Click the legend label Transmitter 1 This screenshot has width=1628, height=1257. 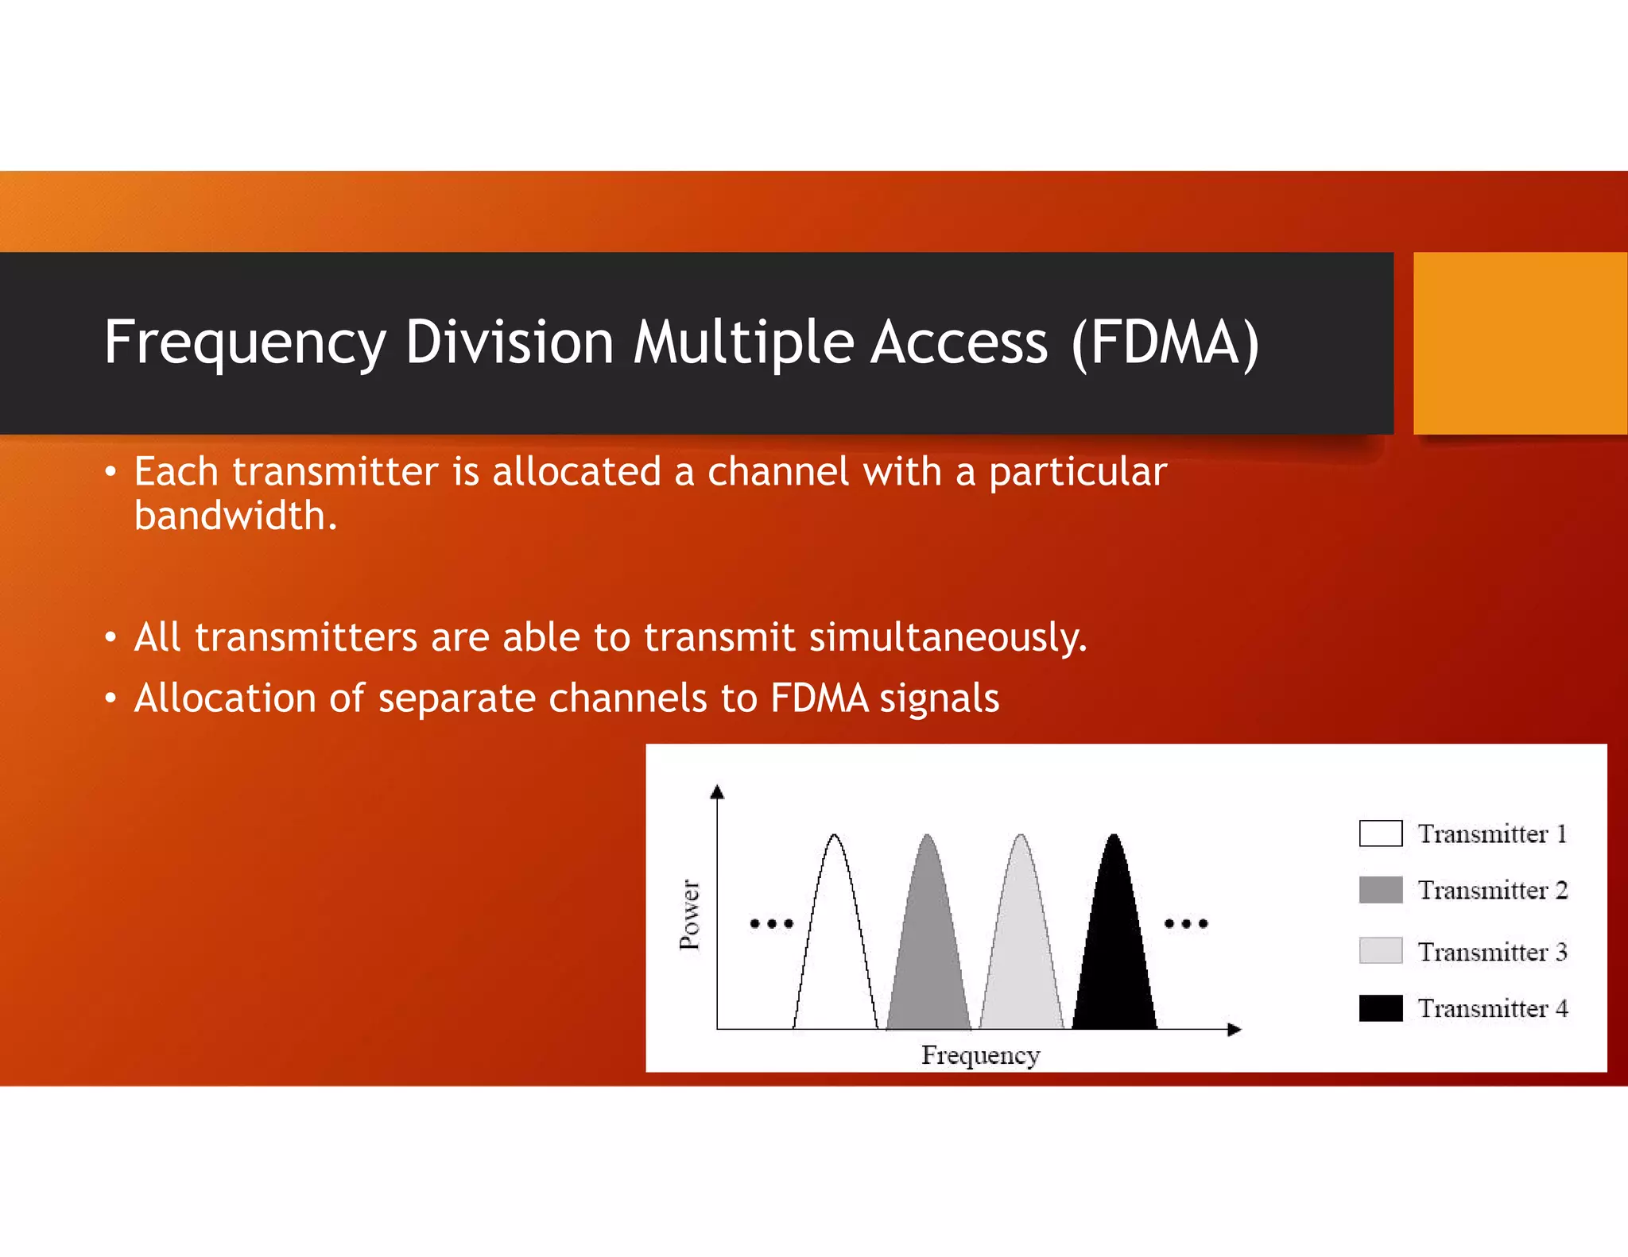pyautogui.click(x=1492, y=833)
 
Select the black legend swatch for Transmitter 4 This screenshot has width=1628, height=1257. pyautogui.click(x=1381, y=1008)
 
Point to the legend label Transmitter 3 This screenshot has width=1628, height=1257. pyautogui.click(x=1492, y=951)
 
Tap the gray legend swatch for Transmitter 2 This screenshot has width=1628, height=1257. pyautogui.click(x=1381, y=890)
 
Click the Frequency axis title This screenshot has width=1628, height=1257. pyautogui.click(x=980, y=1055)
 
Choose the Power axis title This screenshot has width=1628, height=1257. pyautogui.click(x=690, y=914)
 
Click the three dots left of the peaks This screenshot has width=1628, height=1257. pyautogui.click(x=771, y=923)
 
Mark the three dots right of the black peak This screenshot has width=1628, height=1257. pyautogui.click(x=1186, y=923)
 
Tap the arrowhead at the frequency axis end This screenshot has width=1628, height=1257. pyautogui.click(x=1234, y=1029)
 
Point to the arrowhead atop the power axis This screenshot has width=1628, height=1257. pyautogui.click(x=717, y=791)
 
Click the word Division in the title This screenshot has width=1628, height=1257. pyautogui.click(x=509, y=342)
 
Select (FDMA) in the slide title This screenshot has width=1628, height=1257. pyautogui.click(x=1165, y=342)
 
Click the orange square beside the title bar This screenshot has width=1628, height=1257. pyautogui.click(x=1520, y=342)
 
